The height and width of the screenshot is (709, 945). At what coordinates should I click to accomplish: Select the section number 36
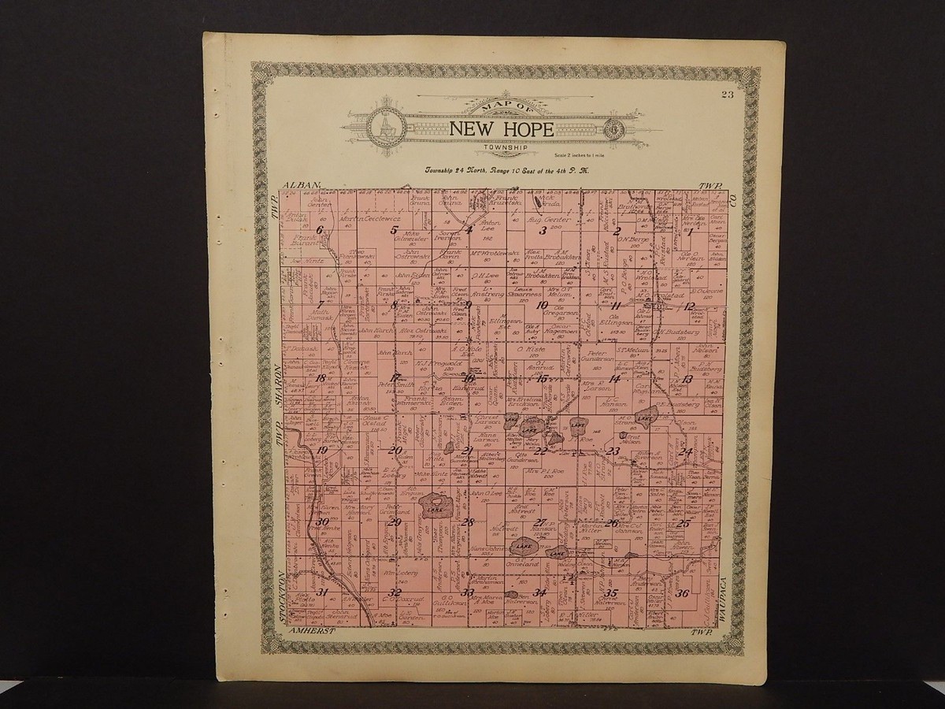click(x=683, y=594)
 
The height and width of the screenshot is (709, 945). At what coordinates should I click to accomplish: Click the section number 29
click(x=395, y=522)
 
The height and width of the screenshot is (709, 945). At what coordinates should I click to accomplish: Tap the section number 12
click(x=689, y=306)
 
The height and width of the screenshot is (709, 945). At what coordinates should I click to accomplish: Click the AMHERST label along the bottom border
click(x=313, y=633)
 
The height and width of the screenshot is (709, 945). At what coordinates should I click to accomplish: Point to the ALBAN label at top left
click(x=306, y=184)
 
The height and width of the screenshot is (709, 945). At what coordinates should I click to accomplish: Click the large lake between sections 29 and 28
click(x=432, y=503)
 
